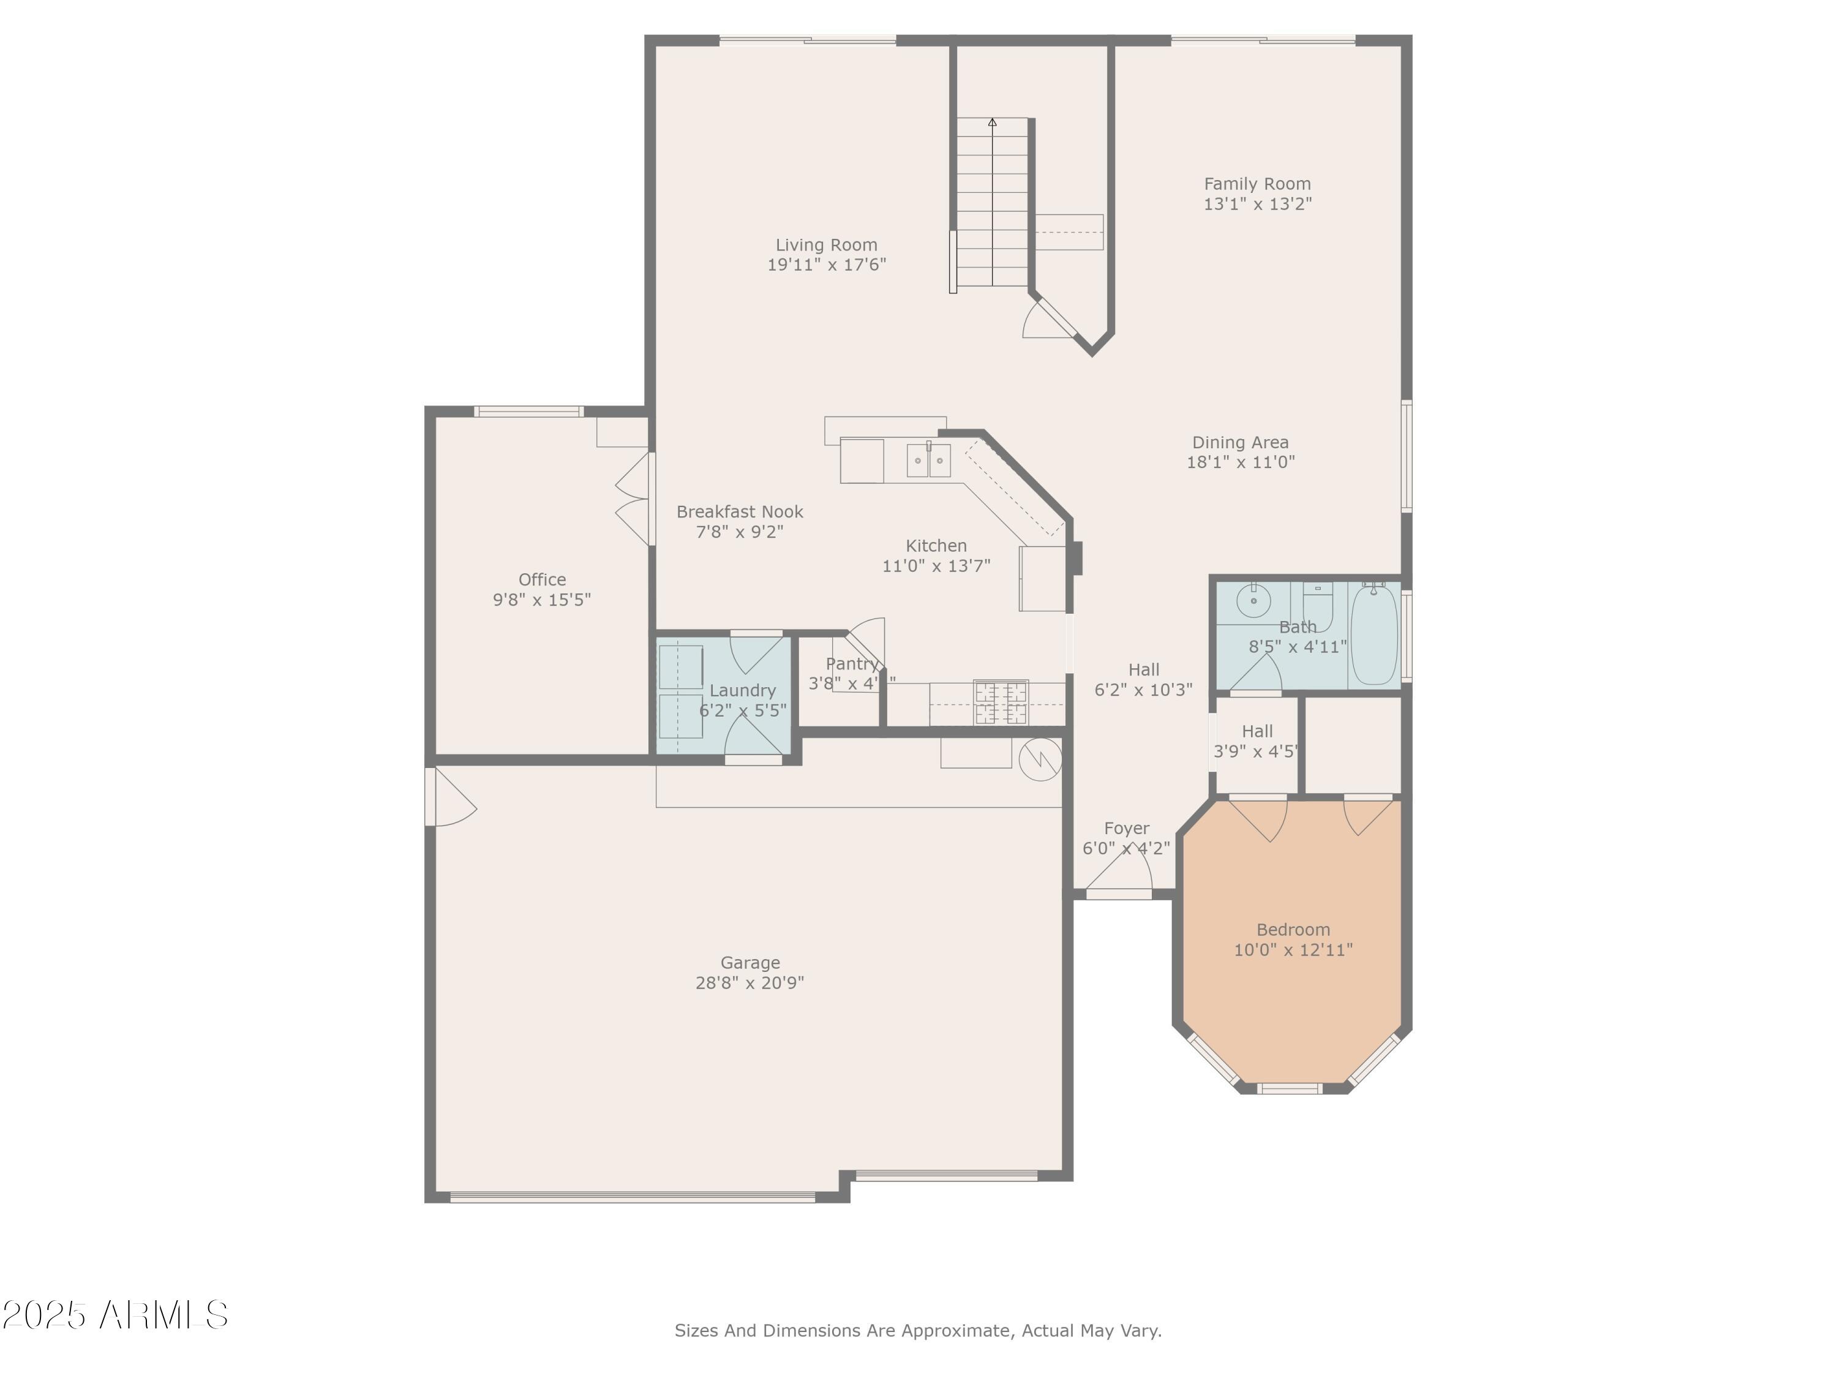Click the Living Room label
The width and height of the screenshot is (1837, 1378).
click(x=825, y=245)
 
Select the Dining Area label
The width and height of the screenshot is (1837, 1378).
click(x=1240, y=443)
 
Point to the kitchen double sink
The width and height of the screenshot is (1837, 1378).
click(x=928, y=460)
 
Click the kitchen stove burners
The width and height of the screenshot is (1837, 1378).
click(x=1001, y=702)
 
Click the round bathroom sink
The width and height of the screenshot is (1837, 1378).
click(x=1253, y=599)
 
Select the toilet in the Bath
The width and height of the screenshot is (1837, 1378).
click(x=1317, y=606)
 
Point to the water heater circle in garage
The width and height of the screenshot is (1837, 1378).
click(x=1040, y=759)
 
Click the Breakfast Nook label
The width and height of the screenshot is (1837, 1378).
click(x=739, y=511)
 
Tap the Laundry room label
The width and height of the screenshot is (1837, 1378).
click(x=742, y=690)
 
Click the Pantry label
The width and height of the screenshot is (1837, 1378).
click(x=851, y=664)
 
